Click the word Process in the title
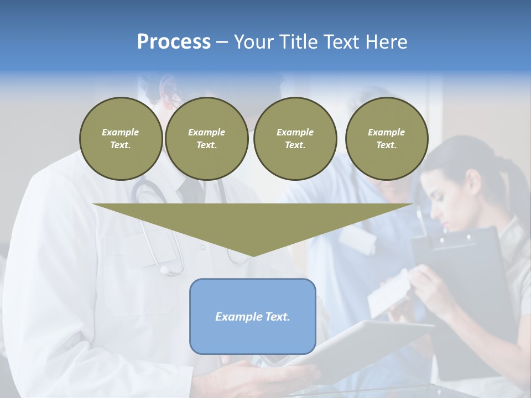pos(174,42)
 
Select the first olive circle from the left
pos(121,138)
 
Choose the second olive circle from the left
pos(206,138)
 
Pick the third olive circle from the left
pos(295,138)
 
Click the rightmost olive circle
pos(386,138)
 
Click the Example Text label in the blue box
pos(252,317)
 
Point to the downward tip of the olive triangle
pos(253,255)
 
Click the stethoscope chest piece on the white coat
pos(164,270)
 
